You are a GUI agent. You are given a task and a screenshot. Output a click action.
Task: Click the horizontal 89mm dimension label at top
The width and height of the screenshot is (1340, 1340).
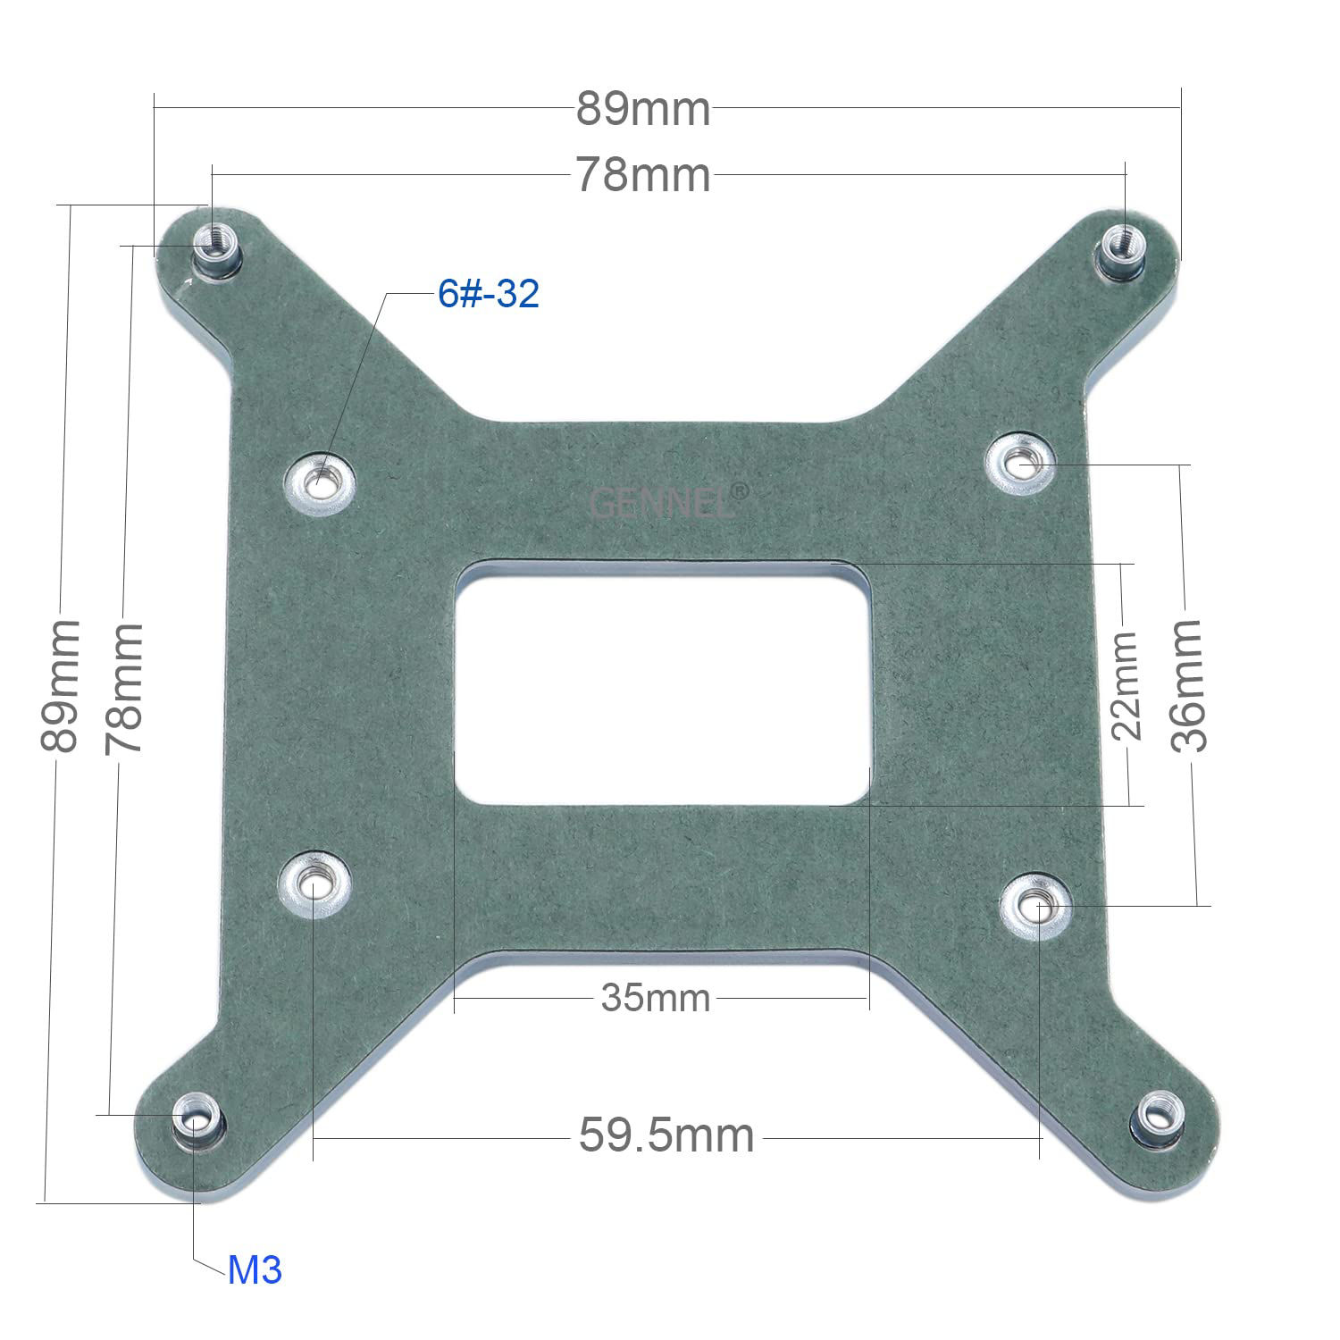pyautogui.click(x=642, y=110)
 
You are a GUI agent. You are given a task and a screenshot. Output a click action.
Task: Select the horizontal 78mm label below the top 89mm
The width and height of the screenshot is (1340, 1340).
pyautogui.click(x=642, y=175)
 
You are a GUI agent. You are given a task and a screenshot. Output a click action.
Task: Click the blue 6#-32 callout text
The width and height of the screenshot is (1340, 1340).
pyautogui.click(x=489, y=294)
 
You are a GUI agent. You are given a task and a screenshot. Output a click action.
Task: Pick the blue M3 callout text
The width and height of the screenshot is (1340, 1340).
pyautogui.click(x=255, y=1270)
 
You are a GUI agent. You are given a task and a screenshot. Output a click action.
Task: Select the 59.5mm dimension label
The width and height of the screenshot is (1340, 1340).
pyautogui.click(x=666, y=1136)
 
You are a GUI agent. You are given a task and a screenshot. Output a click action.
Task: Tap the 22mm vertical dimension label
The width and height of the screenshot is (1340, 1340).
pyautogui.click(x=1126, y=685)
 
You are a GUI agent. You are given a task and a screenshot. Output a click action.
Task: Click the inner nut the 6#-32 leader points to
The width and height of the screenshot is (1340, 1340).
pyautogui.click(x=320, y=483)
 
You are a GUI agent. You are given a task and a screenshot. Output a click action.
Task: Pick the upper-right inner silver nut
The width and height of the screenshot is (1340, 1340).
pyautogui.click(x=1020, y=463)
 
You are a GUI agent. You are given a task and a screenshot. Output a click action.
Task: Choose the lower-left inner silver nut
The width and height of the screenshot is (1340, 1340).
pyautogui.click(x=315, y=884)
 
